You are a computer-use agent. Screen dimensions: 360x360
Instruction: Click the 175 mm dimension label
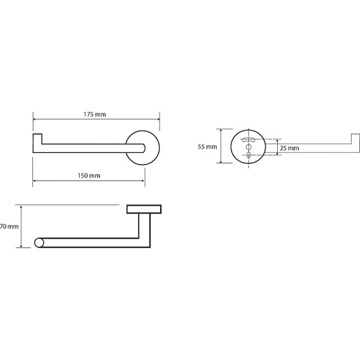tap(95, 115)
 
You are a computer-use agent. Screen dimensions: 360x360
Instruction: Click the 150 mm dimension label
tap(89, 176)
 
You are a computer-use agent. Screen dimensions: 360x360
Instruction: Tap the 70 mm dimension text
tap(9, 227)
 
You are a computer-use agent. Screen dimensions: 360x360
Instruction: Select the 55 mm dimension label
tap(208, 147)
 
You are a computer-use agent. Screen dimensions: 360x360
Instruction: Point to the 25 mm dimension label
tap(289, 148)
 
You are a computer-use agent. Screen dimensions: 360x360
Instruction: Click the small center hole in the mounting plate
tap(248, 147)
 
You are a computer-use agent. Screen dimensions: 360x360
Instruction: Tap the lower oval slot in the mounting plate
tap(248, 155)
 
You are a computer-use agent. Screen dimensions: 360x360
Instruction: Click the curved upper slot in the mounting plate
tap(248, 139)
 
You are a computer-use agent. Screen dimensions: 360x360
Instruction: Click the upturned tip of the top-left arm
tap(37, 139)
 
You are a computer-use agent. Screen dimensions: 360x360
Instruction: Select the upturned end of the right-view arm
tap(355, 139)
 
